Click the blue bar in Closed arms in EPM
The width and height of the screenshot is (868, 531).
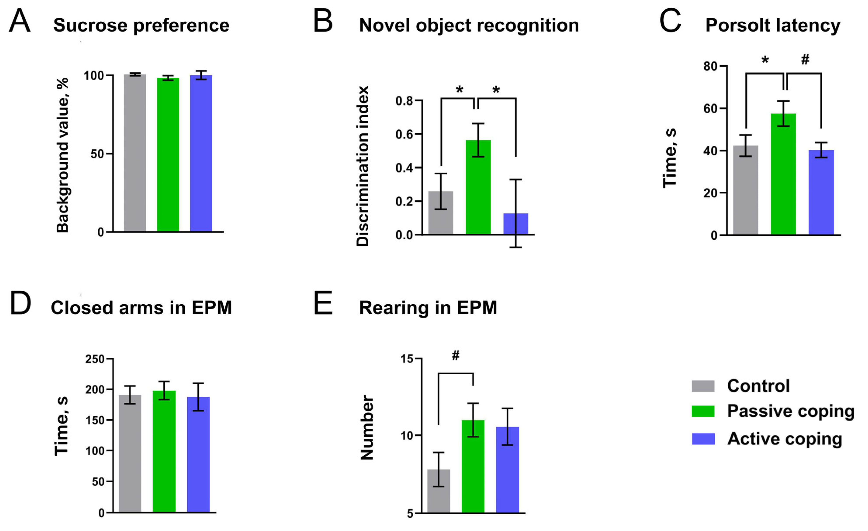[198, 454]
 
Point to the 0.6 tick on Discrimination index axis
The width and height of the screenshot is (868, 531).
[404, 134]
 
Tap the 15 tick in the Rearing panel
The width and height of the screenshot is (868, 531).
[407, 359]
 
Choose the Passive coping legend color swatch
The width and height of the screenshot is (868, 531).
[703, 411]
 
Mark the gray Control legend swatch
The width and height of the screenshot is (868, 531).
[703, 386]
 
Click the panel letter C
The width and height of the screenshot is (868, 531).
[670, 21]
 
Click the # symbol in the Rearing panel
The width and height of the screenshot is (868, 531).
[456, 356]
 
